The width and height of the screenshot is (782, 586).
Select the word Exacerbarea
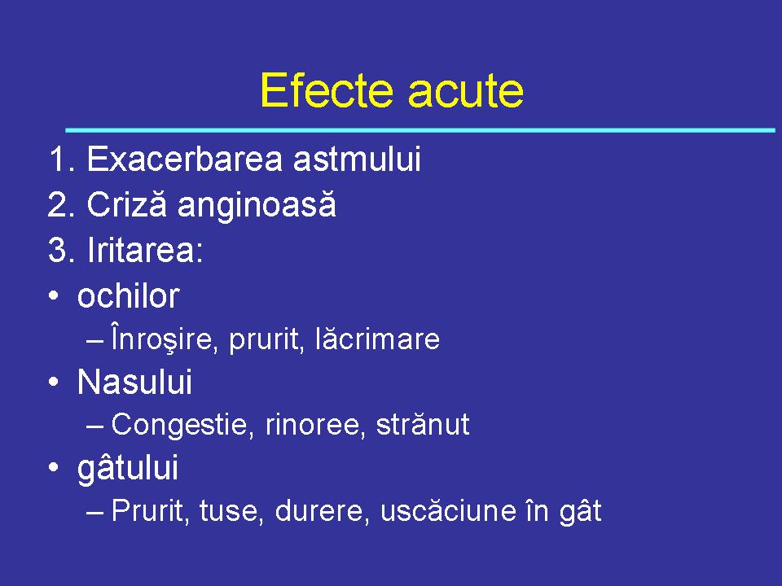pyautogui.click(x=184, y=160)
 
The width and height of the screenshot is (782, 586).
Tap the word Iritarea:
pyautogui.click(x=144, y=251)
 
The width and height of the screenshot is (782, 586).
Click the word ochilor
pyautogui.click(x=128, y=296)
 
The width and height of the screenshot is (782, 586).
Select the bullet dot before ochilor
pyautogui.click(x=53, y=298)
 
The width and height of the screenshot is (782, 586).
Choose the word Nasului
pyautogui.click(x=134, y=382)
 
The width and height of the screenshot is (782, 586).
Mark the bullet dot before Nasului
pyautogui.click(x=53, y=383)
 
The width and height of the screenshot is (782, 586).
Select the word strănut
pyautogui.click(x=422, y=425)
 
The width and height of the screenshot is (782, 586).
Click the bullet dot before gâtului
pyautogui.click(x=53, y=470)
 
